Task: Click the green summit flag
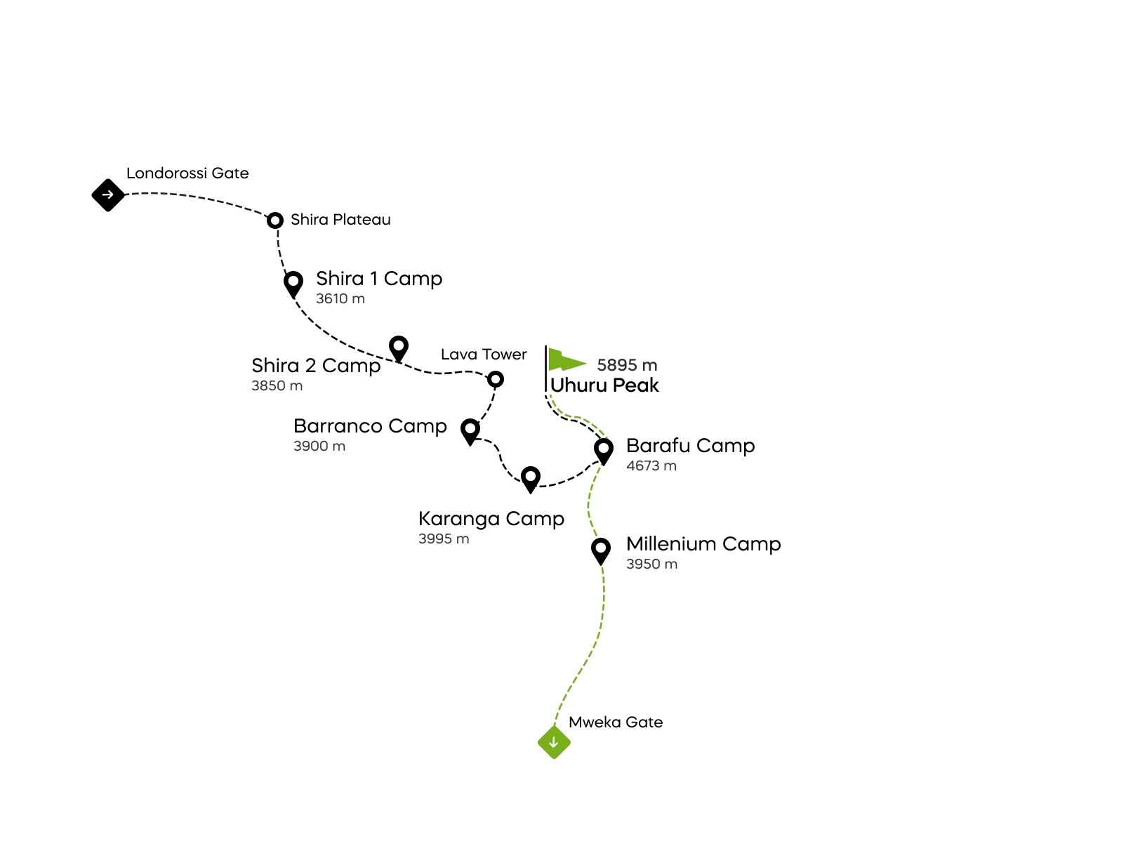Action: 565,360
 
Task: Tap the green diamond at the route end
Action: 554,744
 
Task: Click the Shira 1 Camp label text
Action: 379,279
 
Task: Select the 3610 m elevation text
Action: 340,299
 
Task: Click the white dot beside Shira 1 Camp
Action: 293,281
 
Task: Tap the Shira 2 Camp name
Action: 316,366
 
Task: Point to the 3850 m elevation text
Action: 277,386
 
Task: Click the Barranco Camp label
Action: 370,426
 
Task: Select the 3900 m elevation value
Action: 319,447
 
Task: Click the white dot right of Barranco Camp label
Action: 470,428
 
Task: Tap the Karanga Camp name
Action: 491,519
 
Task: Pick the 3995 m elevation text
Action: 444,539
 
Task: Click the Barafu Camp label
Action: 690,446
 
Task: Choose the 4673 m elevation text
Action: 651,466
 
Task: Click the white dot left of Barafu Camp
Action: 604,448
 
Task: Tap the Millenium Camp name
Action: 703,544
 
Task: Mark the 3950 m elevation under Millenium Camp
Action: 652,564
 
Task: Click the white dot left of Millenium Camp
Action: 601,548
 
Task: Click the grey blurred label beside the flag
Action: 625,365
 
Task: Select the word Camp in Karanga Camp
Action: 535,519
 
